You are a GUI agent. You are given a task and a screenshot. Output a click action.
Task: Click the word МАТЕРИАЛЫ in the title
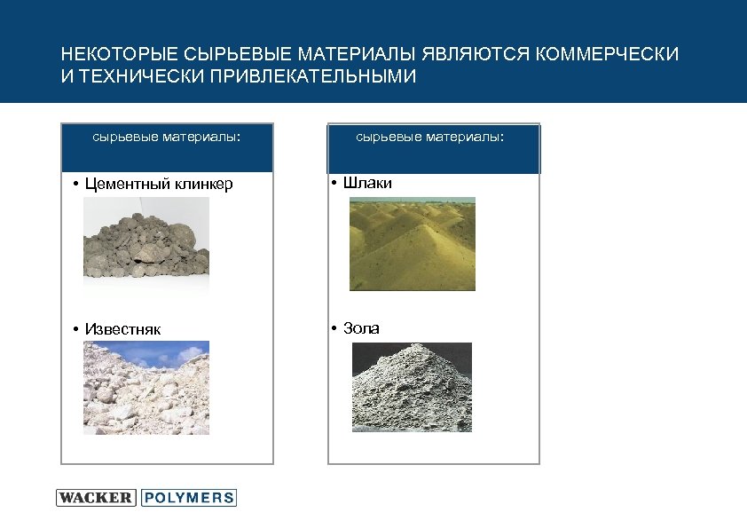(363, 55)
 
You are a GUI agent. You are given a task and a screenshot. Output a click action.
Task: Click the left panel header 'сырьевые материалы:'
(167, 138)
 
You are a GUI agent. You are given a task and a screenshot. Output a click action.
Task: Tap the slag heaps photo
(412, 244)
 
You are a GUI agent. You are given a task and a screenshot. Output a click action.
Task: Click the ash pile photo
(412, 387)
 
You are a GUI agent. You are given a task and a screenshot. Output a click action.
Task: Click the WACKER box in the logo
(96, 498)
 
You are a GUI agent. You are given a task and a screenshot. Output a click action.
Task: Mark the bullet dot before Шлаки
(331, 184)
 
